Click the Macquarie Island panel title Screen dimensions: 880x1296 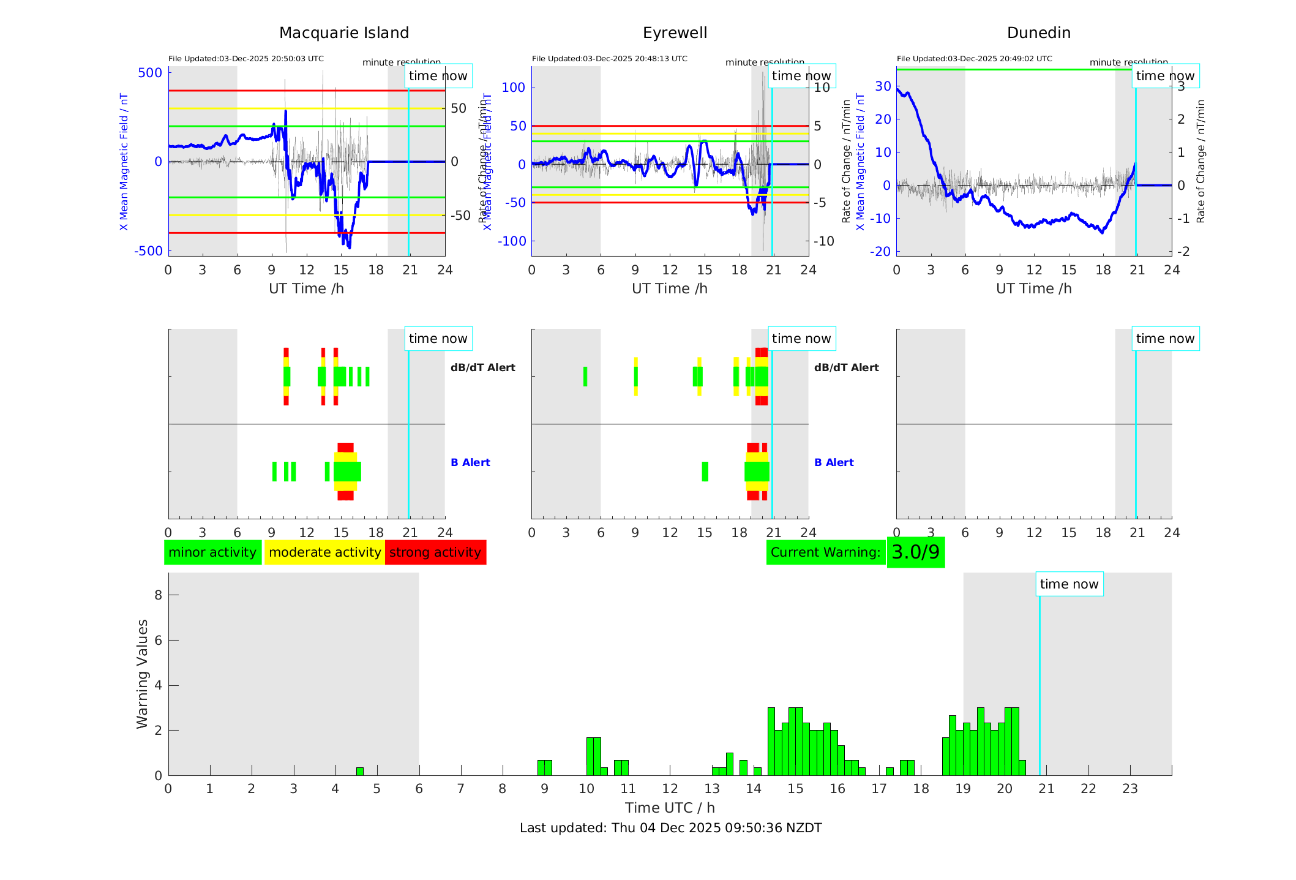pyautogui.click(x=344, y=33)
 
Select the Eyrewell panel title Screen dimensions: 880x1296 pyautogui.click(x=675, y=33)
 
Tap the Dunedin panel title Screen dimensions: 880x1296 pyautogui.click(x=1038, y=33)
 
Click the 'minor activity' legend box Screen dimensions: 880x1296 pyautogui.click(x=212, y=552)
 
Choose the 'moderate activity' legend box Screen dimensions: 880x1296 pyautogui.click(x=324, y=552)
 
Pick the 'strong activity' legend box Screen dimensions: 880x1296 pyautogui.click(x=435, y=552)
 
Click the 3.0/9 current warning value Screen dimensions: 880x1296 pyautogui.click(x=915, y=552)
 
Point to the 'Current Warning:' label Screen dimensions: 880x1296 pyautogui.click(x=825, y=552)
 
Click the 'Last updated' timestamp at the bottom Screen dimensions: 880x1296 pyautogui.click(x=670, y=828)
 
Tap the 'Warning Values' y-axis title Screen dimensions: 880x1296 pyautogui.click(x=143, y=674)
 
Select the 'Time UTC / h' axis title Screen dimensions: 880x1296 pyautogui.click(x=670, y=808)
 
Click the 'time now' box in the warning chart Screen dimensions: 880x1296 pyautogui.click(x=1069, y=584)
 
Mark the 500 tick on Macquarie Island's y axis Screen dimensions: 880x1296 pyautogui.click(x=150, y=73)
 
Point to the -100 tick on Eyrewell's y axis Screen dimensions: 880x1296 pyautogui.click(x=511, y=241)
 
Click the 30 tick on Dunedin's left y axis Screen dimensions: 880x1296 pyautogui.click(x=883, y=86)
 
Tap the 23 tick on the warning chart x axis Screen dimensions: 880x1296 pyautogui.click(x=1129, y=789)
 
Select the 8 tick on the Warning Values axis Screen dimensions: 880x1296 pyautogui.click(x=158, y=595)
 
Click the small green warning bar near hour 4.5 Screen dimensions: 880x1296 pyautogui.click(x=360, y=772)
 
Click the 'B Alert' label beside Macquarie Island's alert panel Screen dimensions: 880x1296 pyautogui.click(x=470, y=462)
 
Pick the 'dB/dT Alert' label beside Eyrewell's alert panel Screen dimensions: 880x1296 pyautogui.click(x=846, y=367)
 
